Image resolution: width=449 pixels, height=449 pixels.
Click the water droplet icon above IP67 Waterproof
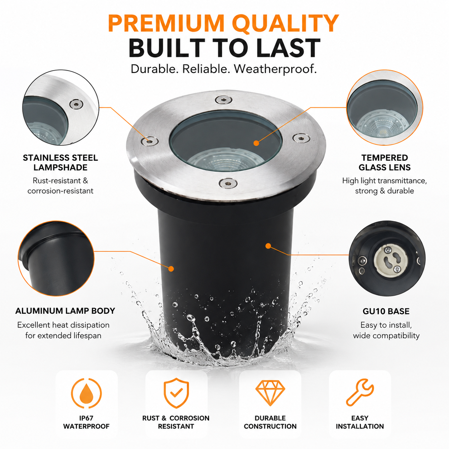click(x=86, y=394)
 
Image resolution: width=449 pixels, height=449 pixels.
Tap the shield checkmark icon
click(x=176, y=393)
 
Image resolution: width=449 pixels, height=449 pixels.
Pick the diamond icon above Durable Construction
click(x=270, y=393)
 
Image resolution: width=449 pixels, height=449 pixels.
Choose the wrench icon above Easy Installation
click(x=360, y=393)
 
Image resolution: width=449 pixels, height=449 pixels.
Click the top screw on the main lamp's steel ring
click(x=223, y=100)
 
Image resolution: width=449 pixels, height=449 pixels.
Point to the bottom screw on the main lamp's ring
click(x=228, y=183)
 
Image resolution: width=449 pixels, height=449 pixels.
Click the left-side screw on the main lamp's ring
click(x=150, y=141)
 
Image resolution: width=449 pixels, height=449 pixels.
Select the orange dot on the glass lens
click(x=256, y=143)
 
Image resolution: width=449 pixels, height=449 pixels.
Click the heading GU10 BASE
click(x=386, y=311)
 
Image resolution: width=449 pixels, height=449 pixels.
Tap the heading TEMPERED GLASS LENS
click(x=385, y=163)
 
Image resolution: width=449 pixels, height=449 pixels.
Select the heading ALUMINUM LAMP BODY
click(x=65, y=311)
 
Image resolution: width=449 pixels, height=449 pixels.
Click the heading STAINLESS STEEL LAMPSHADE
click(x=61, y=163)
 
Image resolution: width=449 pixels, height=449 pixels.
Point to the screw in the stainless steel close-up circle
click(x=76, y=104)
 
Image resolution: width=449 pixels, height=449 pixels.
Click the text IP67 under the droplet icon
click(x=86, y=418)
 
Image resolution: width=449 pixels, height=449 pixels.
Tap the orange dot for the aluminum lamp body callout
click(x=171, y=269)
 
